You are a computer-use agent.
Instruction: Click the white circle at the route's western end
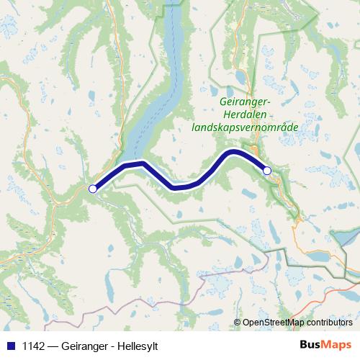pos(92,189)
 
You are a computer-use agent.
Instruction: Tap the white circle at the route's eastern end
pos(267,171)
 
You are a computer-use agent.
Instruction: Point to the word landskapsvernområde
pos(245,127)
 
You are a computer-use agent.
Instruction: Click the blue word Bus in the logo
pos(310,345)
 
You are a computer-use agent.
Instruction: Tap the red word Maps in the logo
pos(336,345)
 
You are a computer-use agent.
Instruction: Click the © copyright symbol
pos(237,323)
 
